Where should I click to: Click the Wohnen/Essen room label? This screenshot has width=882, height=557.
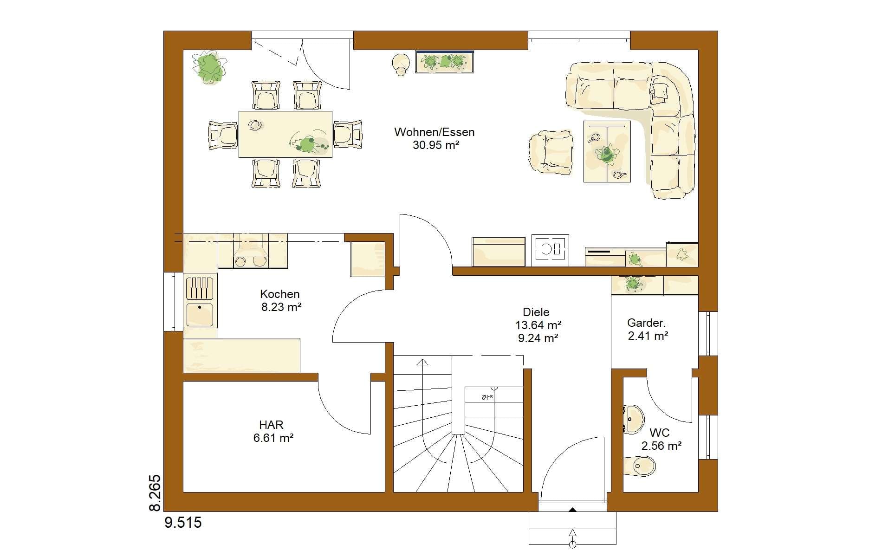435,132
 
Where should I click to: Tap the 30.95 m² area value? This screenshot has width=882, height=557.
436,145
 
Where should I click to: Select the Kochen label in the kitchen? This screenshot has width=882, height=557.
280,294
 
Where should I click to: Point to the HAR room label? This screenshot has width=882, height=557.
272,425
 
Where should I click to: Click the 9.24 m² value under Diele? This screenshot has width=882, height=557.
538,338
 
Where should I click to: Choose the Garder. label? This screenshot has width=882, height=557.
646,323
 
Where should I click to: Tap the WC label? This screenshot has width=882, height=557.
659,433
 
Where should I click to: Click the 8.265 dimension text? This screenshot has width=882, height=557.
155,493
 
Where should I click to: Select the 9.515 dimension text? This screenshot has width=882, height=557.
183,523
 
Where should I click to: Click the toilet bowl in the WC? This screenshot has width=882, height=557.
640,465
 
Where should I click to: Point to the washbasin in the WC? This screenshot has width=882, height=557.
633,419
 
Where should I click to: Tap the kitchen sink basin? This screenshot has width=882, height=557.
200,315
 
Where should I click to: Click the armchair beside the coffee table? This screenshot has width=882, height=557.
550,153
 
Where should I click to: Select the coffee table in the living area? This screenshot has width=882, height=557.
607,151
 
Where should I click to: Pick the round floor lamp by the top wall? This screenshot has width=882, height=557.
401,64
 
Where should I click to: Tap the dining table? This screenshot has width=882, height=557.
285,134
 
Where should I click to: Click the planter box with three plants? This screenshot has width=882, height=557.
445,62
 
